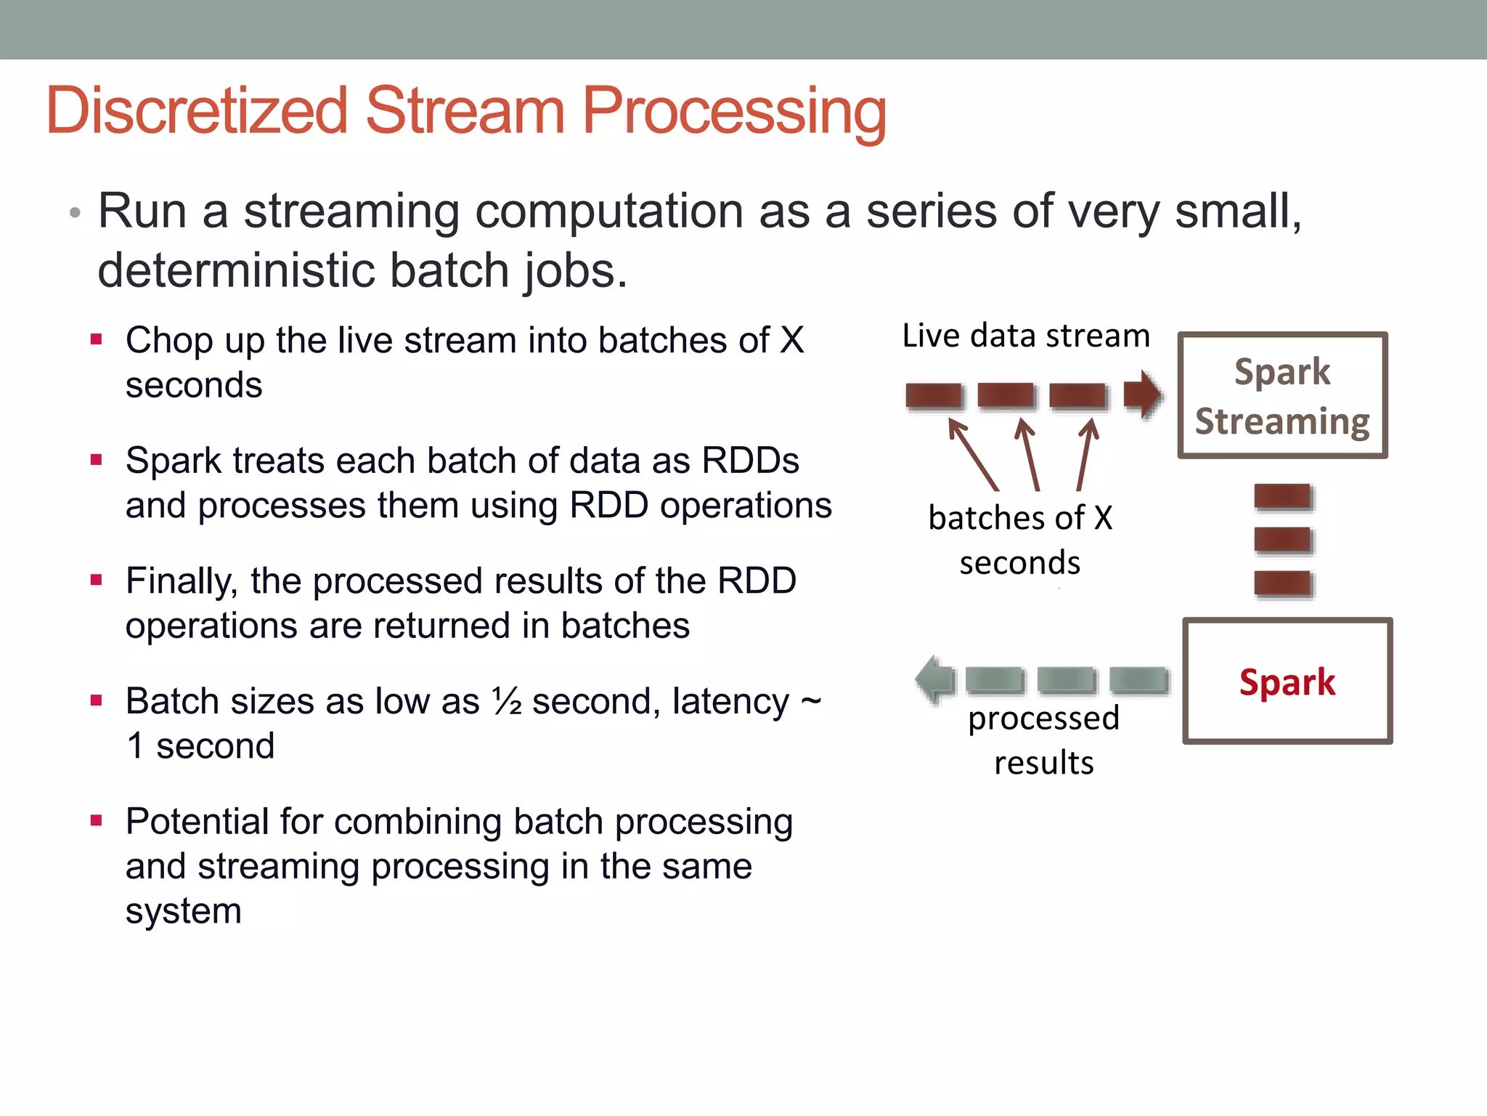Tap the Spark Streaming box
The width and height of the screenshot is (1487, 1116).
(1282, 396)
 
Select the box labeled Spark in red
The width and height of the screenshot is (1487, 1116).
(1287, 681)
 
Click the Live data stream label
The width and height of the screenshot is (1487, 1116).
(1026, 336)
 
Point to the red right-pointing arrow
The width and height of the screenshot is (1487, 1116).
(1141, 395)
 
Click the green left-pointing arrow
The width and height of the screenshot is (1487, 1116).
(935, 679)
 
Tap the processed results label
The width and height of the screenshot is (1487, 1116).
(1043, 740)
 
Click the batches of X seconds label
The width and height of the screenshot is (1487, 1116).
(1020, 540)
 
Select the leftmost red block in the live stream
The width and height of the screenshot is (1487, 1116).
(934, 396)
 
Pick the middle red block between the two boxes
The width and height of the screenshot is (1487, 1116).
(1283, 540)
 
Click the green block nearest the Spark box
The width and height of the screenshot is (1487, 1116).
(1138, 680)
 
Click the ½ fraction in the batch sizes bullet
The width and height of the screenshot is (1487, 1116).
(507, 701)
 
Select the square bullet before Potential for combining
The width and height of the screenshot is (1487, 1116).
(96, 821)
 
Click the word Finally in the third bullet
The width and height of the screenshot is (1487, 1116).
(181, 581)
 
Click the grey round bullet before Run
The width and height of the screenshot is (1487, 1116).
(74, 213)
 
